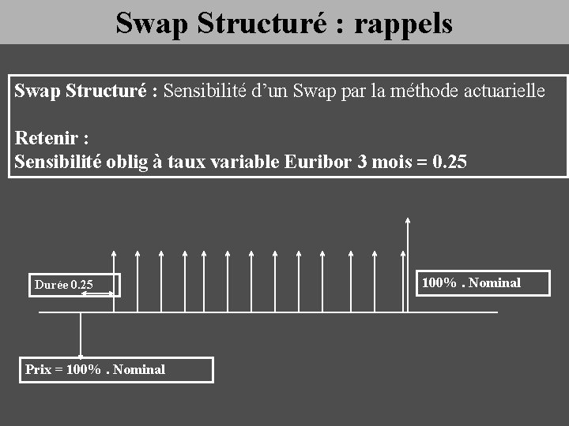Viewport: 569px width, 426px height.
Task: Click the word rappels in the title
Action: pos(403,24)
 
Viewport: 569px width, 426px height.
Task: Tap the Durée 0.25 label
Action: pos(63,285)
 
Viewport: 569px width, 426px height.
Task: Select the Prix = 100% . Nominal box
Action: pos(118,369)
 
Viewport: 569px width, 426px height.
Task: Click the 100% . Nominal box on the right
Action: pos(483,282)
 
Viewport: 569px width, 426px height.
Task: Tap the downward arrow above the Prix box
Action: pos(81,335)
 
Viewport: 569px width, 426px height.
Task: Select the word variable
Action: pos(243,163)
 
